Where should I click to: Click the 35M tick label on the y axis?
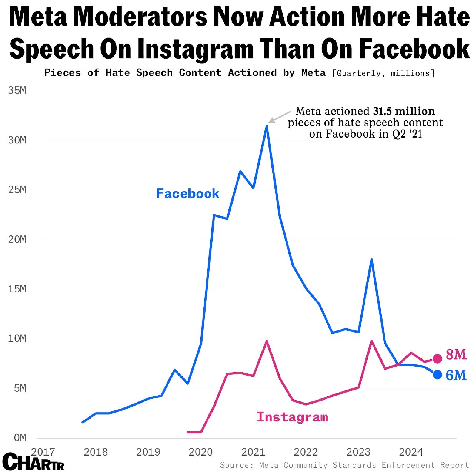pos(17,90)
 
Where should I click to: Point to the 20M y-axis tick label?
pos(17,239)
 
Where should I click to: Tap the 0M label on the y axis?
pos(20,438)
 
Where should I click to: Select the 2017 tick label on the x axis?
pos(43,452)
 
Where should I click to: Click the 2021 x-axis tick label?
pos(253,452)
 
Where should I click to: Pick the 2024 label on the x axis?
pos(411,452)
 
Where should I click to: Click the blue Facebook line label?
pos(187,193)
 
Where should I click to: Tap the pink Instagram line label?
pos(292,417)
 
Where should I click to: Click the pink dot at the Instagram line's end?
pos(437,358)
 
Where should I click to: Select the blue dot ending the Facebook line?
pos(437,375)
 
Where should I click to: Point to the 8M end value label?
pos(456,355)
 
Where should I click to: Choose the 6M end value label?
pos(456,375)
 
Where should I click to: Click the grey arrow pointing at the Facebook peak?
pos(280,116)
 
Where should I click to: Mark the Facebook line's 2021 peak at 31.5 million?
pos(267,126)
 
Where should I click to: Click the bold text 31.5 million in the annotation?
pos(404,111)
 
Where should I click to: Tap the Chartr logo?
pos(33,462)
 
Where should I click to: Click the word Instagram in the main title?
pos(195,49)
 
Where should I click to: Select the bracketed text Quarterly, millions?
pos(383,73)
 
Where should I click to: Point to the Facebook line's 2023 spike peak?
pos(371,259)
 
